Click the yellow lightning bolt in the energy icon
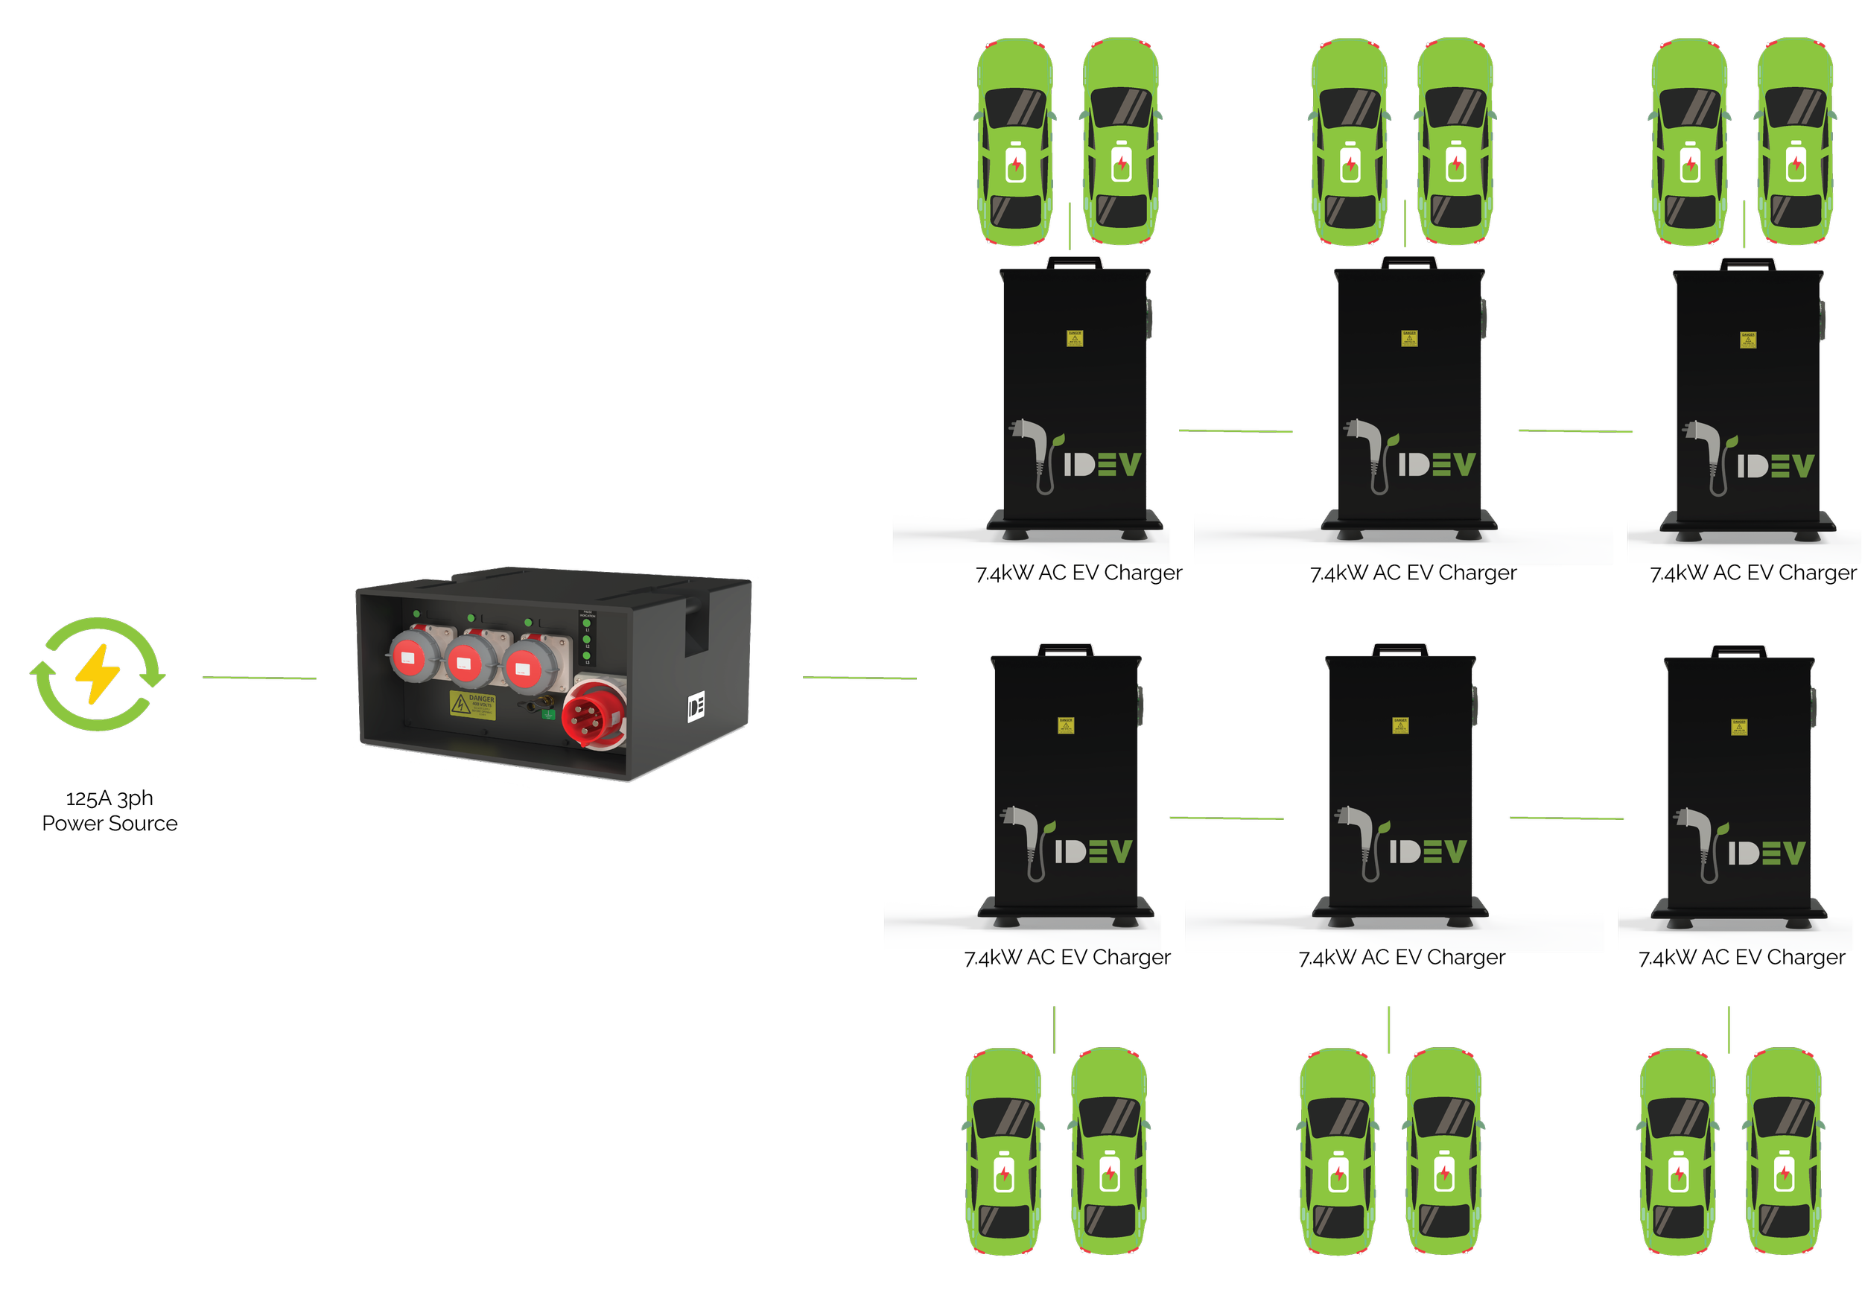point(98,673)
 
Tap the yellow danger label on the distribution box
point(472,704)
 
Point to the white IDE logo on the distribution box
point(696,707)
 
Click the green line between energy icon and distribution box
point(258,677)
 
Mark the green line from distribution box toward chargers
point(889,677)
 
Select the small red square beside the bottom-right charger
point(1634,827)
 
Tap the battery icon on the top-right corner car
point(1796,162)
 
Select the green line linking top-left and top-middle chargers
point(1235,431)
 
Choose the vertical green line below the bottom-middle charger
point(1389,1030)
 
